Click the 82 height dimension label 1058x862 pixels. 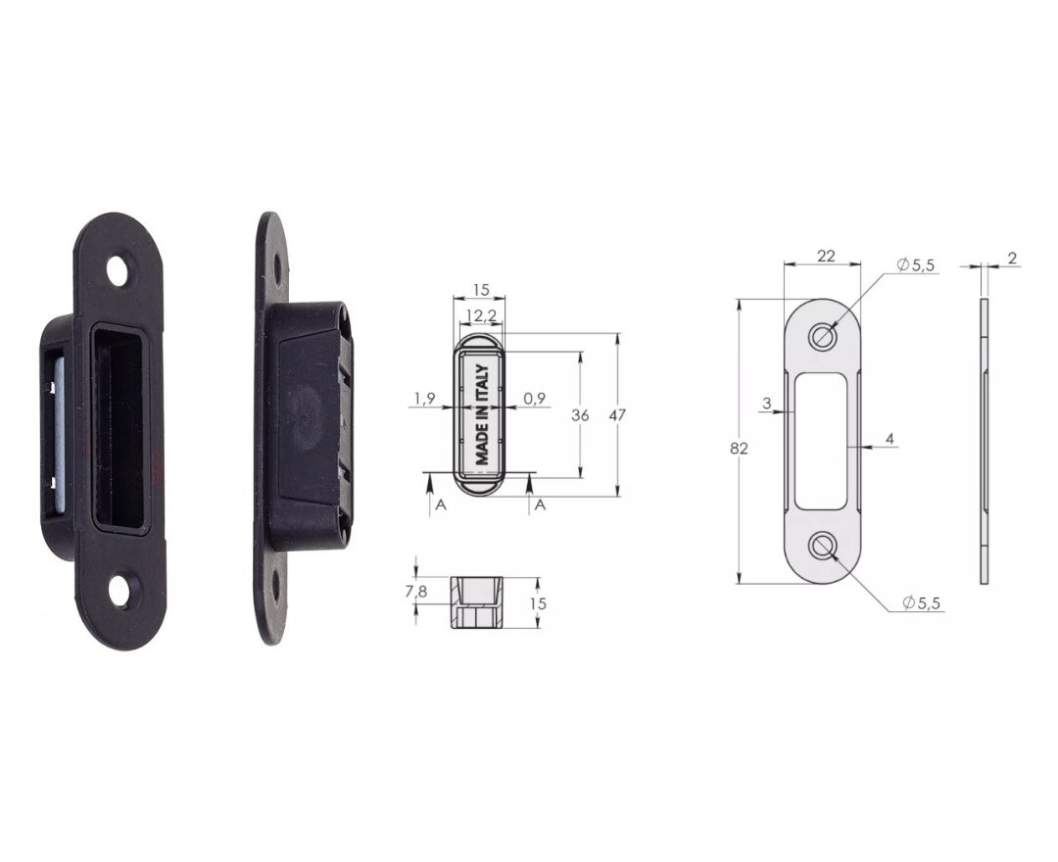[x=739, y=448]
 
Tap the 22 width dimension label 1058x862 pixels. [x=825, y=256]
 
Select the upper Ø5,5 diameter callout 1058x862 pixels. [x=916, y=265]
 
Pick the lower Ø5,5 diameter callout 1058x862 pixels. [x=921, y=602]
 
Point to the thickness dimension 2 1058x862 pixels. [x=1012, y=258]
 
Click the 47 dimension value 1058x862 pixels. [x=617, y=414]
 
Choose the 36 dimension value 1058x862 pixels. [x=580, y=414]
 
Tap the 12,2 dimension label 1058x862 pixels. [x=482, y=315]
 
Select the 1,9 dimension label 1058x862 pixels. [x=424, y=399]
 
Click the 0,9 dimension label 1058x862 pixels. [x=535, y=399]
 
